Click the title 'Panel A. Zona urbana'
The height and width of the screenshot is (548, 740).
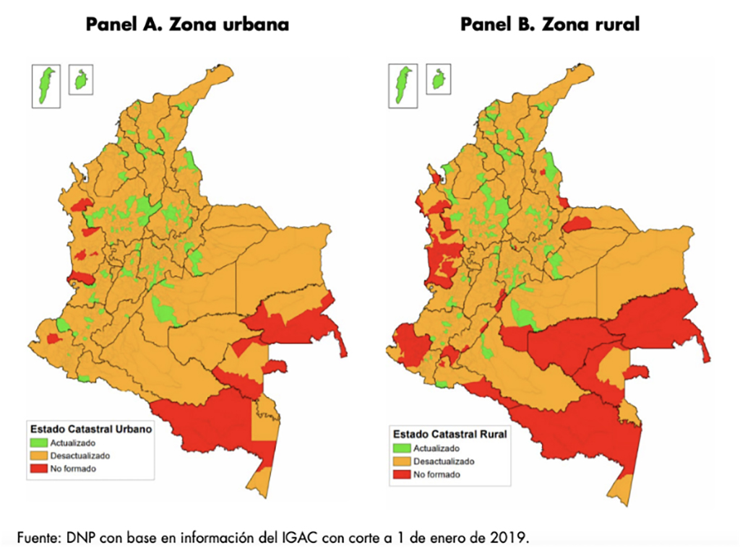187,25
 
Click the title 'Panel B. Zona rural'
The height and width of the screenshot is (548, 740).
549,25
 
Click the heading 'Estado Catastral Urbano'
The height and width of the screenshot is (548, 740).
90,429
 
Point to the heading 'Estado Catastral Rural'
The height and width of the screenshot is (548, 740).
449,435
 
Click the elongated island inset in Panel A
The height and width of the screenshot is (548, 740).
47,85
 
